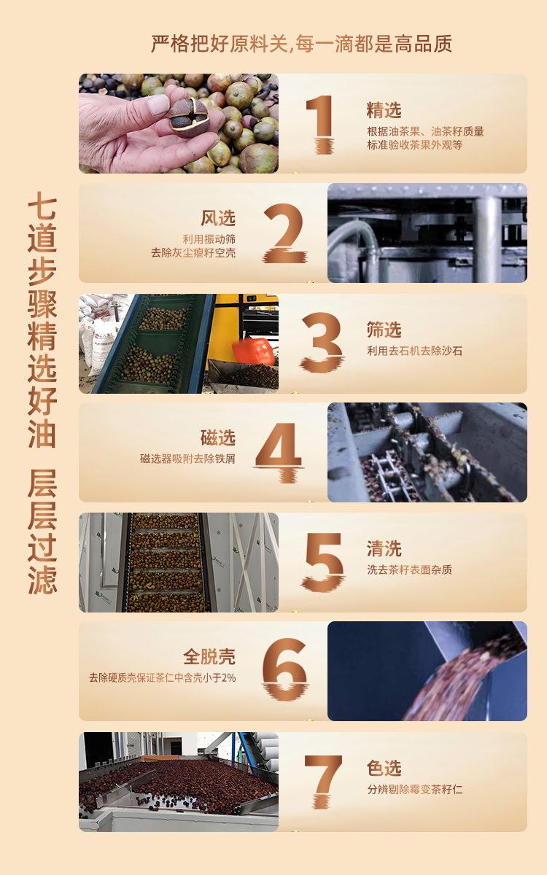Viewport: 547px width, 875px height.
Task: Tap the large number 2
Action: coord(284,233)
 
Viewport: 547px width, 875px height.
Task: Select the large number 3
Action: coord(322,342)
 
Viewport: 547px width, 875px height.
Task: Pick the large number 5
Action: coord(322,561)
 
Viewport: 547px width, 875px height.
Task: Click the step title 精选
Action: coord(384,110)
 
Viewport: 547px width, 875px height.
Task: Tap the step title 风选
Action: coord(218,218)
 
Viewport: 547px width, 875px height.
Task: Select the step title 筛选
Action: coord(384,330)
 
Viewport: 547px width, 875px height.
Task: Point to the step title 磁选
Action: coord(218,437)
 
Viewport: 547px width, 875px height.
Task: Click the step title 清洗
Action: coord(384,549)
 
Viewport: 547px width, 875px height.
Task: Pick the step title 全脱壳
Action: coord(209,657)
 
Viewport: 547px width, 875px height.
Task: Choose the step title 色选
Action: coord(384,768)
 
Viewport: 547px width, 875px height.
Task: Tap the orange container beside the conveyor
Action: coord(253,351)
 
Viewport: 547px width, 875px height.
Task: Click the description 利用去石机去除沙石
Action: coord(414,351)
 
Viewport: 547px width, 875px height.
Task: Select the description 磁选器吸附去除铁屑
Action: coord(187,459)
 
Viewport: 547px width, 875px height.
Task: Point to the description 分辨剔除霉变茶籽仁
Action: coord(414,790)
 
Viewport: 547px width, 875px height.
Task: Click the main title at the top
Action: coord(302,44)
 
